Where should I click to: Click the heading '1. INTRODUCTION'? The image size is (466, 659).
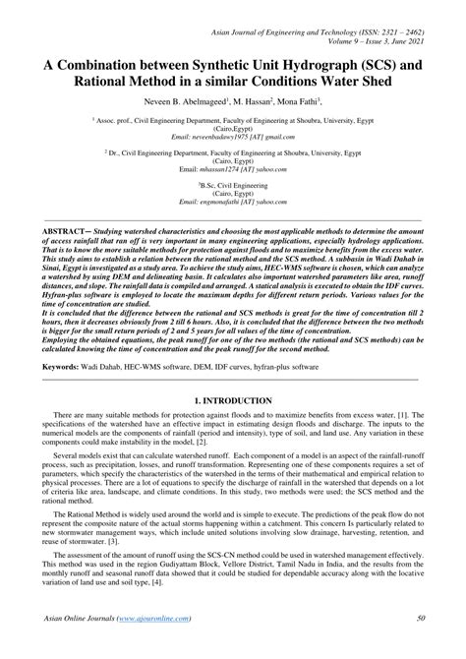233,401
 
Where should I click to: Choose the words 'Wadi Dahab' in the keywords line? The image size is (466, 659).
107,366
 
